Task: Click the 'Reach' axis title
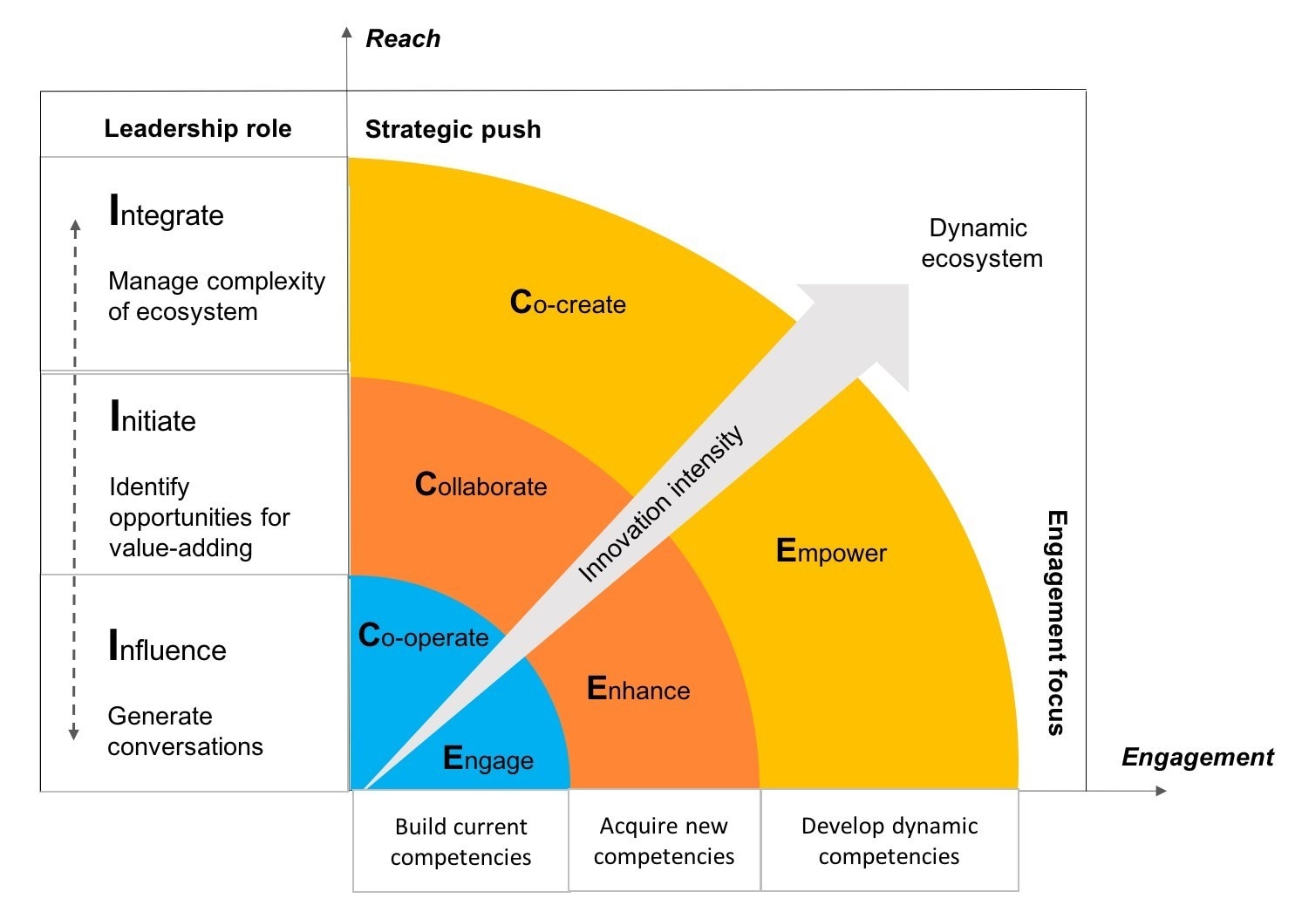coord(402,38)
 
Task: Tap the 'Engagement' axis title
coord(1196,757)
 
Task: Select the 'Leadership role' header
coord(198,128)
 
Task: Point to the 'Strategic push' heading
coord(453,129)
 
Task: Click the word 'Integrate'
coord(167,213)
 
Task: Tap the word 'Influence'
coord(167,648)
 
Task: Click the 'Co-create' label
coord(568,303)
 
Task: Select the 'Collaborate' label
coord(481,485)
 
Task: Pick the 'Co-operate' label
coord(423,636)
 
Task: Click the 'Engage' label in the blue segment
coord(487,759)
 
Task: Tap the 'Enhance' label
coord(638,690)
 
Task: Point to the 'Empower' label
coord(831,552)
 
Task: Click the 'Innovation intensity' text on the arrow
coord(661,504)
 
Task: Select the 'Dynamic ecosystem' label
coord(980,243)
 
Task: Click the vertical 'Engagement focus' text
coord(1056,623)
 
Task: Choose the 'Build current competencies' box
coord(460,841)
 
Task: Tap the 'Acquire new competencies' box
coord(664,841)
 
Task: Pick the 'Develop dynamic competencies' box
coord(889,841)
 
